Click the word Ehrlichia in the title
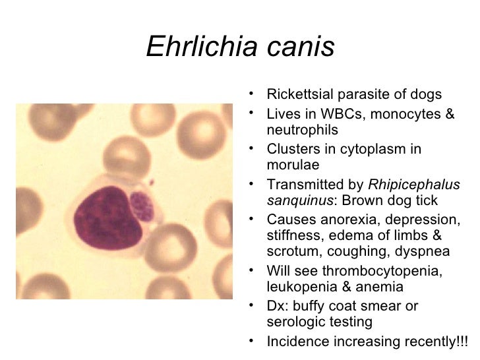[200, 47]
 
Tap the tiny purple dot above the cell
[151, 181]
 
